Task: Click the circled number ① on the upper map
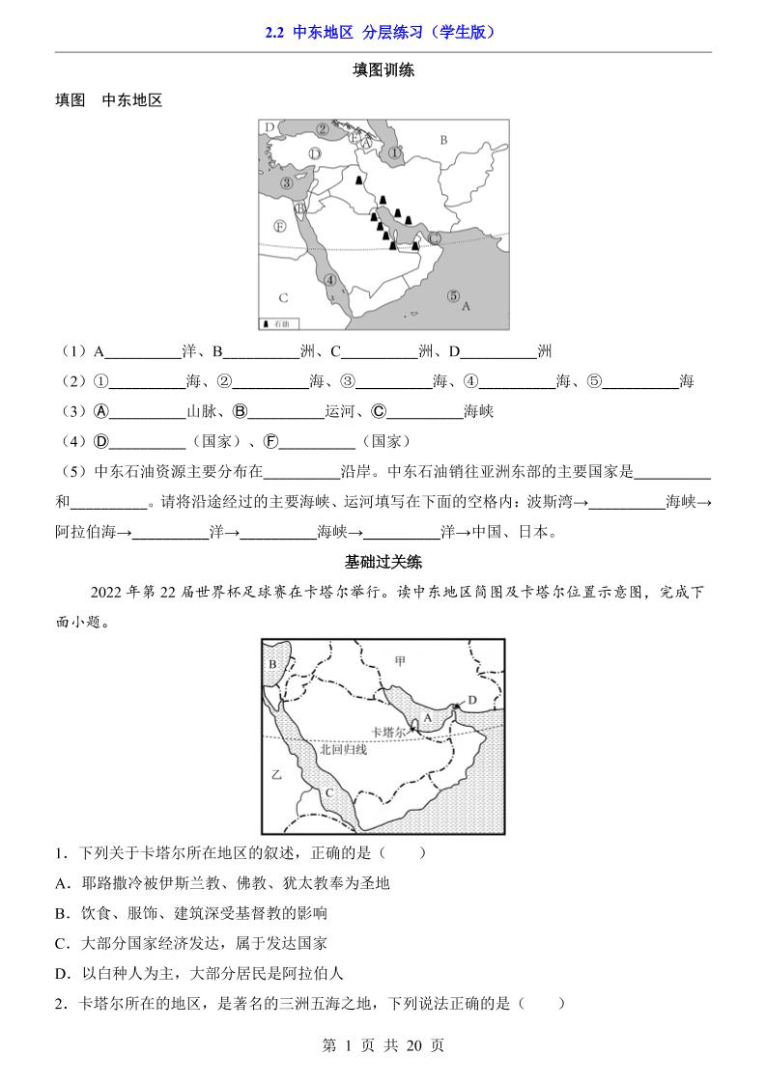pyautogui.click(x=394, y=153)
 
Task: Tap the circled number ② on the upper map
pyautogui.click(x=323, y=129)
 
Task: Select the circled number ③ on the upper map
pyautogui.click(x=287, y=183)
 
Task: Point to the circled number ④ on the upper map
pyautogui.click(x=331, y=280)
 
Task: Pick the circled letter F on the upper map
pyautogui.click(x=279, y=226)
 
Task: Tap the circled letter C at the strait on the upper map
pyautogui.click(x=435, y=237)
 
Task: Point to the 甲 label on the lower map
pyautogui.click(x=400, y=660)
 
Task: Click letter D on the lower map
pyautogui.click(x=472, y=700)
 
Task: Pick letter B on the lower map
pyautogui.click(x=272, y=664)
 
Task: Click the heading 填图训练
pyautogui.click(x=383, y=69)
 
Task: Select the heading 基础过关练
pyautogui.click(x=383, y=561)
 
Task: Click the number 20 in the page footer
pyautogui.click(x=412, y=1044)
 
